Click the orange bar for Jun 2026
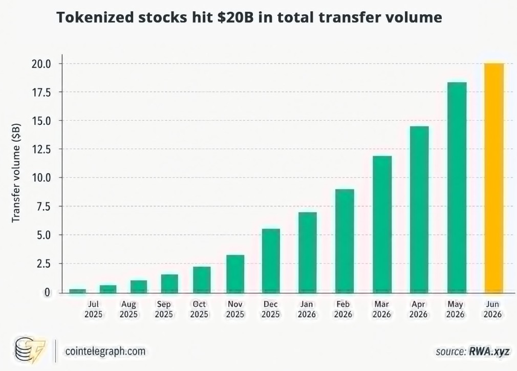point(494,178)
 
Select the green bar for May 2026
point(457,187)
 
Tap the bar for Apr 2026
point(419,210)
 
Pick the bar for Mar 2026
point(382,224)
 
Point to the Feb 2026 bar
point(344,241)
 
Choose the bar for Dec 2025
point(271,260)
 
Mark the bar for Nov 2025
point(235,274)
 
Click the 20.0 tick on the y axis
point(41,63)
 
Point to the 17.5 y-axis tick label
point(41,92)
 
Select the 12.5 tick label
point(41,149)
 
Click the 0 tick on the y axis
point(48,292)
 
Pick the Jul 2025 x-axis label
point(93,309)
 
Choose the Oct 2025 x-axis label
point(199,309)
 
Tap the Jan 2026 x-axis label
point(307,309)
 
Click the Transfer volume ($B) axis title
point(16,172)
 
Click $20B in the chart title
point(235,17)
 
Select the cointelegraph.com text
point(105,351)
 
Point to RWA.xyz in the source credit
point(489,351)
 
